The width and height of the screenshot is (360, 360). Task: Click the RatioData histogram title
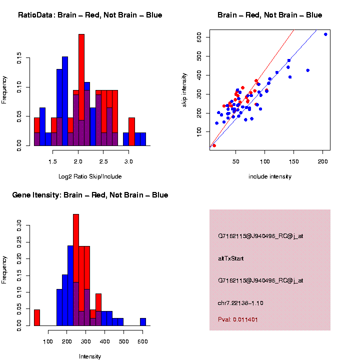[90, 15]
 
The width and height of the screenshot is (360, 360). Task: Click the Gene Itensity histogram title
[90, 194]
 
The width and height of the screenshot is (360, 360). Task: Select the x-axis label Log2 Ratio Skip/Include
[90, 176]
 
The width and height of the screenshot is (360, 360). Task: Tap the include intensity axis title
[270, 176]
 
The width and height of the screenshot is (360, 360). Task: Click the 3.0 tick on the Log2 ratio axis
[129, 162]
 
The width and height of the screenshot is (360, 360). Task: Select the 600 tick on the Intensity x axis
[142, 342]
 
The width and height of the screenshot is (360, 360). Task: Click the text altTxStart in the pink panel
[230, 258]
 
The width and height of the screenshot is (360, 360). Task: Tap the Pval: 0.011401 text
[238, 319]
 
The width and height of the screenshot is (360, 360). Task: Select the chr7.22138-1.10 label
[240, 303]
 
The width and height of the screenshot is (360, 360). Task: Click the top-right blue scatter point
[325, 34]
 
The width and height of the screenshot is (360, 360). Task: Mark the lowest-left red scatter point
[214, 145]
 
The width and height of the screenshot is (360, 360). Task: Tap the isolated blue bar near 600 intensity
[143, 322]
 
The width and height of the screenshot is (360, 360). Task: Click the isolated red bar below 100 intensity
[36, 317]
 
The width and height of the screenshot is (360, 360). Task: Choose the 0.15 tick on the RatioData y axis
[19, 59]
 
